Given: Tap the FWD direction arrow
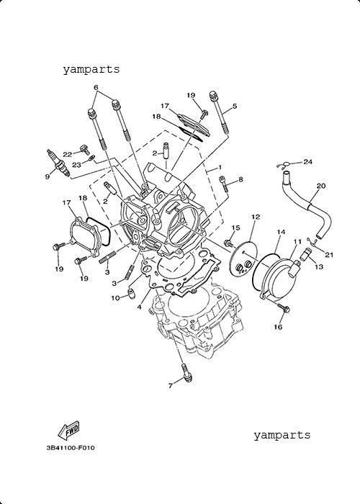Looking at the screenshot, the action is [68, 430].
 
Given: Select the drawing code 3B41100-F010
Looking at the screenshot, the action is [71, 447].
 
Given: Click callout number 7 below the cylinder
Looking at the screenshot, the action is [171, 385].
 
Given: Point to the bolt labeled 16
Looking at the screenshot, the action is [284, 308].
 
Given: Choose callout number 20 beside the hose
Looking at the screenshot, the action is [321, 186].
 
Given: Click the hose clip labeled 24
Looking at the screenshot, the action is [283, 166].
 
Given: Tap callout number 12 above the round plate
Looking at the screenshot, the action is [256, 217].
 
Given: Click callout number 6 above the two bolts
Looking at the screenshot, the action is [96, 87].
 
